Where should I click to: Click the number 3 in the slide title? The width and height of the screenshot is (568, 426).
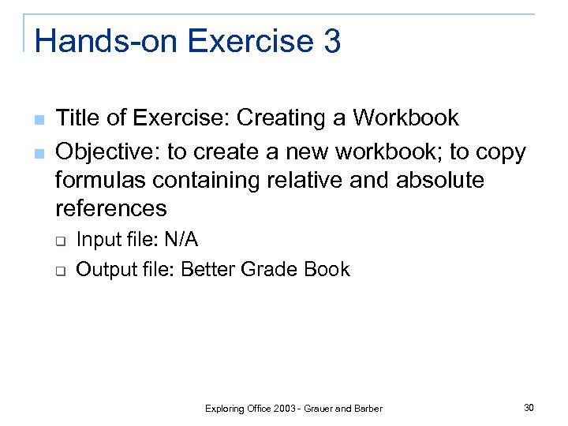331,41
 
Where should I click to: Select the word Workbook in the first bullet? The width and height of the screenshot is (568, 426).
405,118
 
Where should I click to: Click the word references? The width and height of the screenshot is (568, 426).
110,208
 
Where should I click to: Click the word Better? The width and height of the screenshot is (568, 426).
207,270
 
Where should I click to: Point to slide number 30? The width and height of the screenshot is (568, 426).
529,407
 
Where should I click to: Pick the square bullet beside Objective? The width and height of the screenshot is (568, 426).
38,152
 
